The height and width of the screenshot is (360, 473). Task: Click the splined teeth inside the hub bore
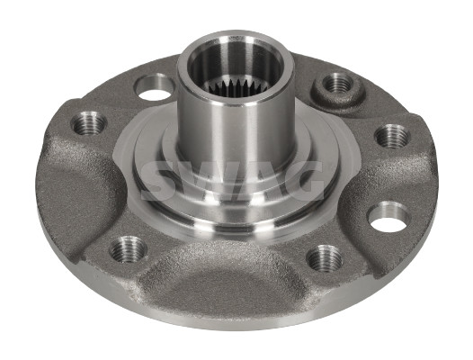pyautogui.click(x=236, y=85)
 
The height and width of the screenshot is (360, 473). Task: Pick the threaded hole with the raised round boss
pyautogui.click(x=338, y=84)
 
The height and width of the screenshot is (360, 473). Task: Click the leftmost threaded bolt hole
pyautogui.click(x=89, y=124)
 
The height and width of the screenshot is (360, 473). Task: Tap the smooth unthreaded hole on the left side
pyautogui.click(x=155, y=87)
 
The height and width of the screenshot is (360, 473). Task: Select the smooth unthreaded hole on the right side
pyautogui.click(x=389, y=216)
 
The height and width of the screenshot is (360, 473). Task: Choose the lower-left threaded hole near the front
pyautogui.click(x=128, y=249)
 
